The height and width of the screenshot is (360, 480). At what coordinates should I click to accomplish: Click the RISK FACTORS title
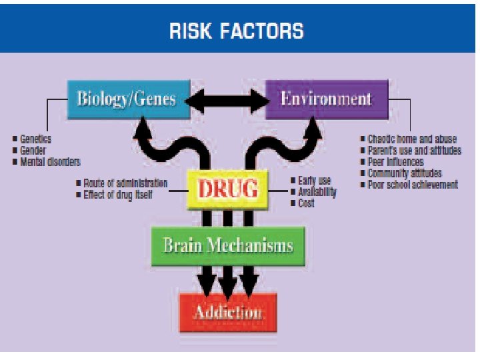tap(237, 31)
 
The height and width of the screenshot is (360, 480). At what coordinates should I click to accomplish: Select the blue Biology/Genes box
tap(126, 99)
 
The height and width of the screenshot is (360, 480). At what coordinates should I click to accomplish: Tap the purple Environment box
tap(326, 99)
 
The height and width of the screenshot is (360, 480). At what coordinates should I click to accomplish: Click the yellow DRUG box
tap(227, 189)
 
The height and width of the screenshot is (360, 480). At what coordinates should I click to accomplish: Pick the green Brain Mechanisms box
tap(228, 245)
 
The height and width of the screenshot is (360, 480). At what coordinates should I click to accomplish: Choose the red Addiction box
tap(227, 312)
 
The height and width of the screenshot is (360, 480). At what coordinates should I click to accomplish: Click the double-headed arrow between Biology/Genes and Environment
tap(227, 99)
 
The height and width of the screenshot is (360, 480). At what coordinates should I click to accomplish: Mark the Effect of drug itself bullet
tap(118, 195)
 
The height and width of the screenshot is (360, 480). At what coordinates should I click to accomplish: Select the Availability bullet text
tap(317, 192)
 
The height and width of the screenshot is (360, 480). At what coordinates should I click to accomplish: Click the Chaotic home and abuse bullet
tap(412, 139)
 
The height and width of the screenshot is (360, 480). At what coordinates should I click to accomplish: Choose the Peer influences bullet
tap(395, 162)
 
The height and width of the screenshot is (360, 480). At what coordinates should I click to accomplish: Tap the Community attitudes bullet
tap(405, 173)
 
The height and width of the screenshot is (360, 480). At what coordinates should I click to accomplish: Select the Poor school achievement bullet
tap(413, 185)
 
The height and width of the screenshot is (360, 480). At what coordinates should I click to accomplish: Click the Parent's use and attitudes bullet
tap(414, 151)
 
